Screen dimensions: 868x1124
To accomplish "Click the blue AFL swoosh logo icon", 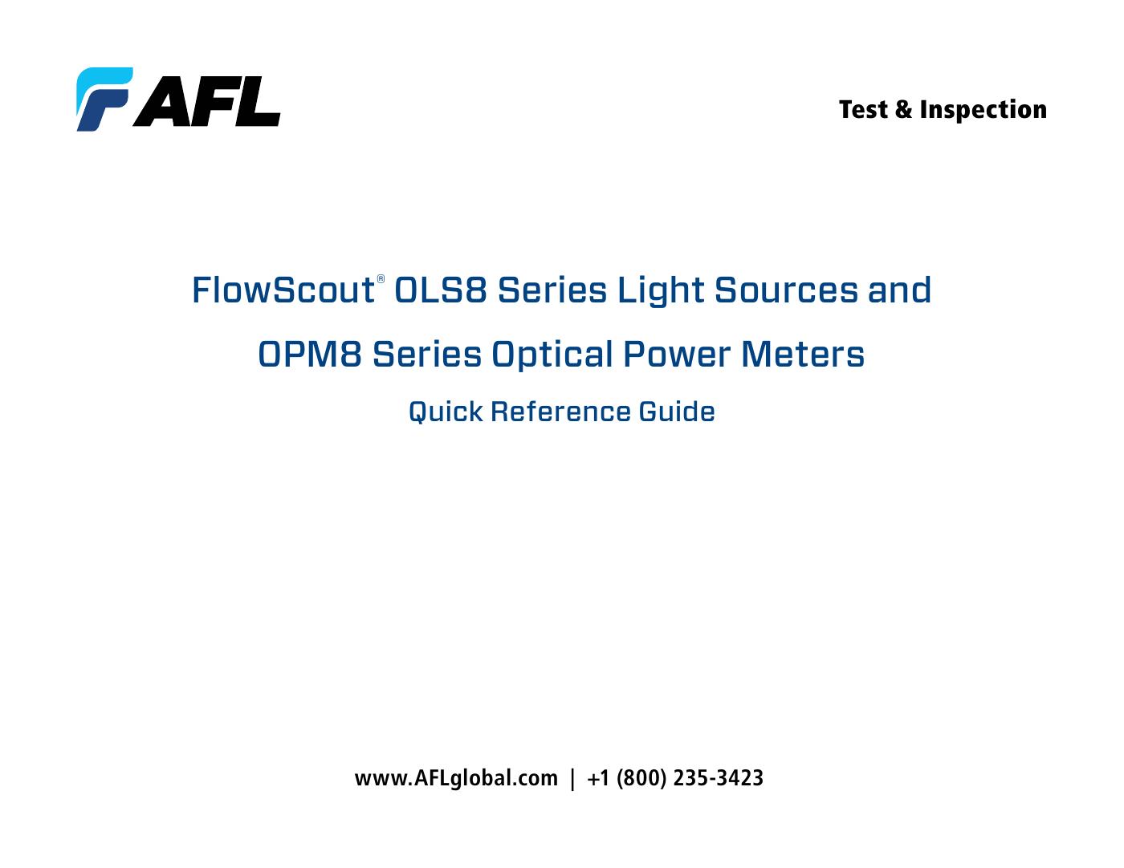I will coord(104,99).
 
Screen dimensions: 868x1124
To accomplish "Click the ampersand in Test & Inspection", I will coord(903,110).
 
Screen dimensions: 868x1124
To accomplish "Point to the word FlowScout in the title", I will coord(282,290).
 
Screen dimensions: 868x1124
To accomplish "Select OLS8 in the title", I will coord(441,290).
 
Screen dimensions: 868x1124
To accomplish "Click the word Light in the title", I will coord(661,290).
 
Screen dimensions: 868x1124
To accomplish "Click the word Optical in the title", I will coord(552,355).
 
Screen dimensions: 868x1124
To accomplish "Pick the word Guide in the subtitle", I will coord(677,412).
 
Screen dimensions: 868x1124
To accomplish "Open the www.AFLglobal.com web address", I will coord(456,778).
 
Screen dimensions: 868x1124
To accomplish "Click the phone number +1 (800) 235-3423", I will coord(675,778).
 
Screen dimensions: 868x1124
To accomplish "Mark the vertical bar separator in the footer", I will coord(572,778).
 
